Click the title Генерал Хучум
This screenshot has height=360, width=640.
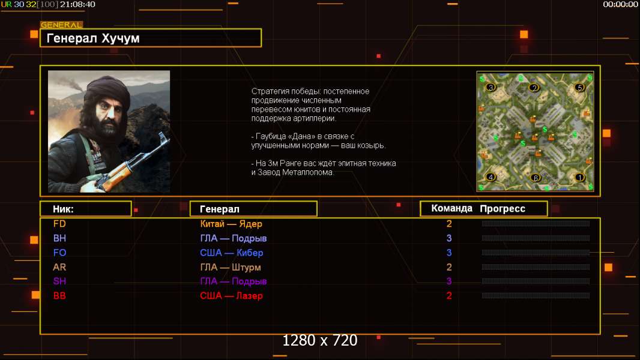(93, 38)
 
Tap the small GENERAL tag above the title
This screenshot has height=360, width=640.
(62, 25)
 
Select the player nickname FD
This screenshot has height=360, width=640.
(59, 224)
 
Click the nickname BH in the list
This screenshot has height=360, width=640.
(59, 238)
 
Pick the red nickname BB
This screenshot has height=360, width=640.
(59, 296)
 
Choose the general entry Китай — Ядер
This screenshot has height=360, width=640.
(231, 224)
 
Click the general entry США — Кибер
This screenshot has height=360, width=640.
(231, 253)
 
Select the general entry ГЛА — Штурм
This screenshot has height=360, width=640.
(230, 268)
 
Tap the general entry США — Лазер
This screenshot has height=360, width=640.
(231, 296)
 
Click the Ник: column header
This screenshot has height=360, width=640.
(63, 209)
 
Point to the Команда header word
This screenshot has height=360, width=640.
(452, 208)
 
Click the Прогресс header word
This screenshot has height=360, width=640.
(503, 209)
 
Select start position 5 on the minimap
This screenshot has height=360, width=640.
(579, 87)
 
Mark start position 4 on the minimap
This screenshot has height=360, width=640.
(491, 177)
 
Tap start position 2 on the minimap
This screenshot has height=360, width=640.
(534, 88)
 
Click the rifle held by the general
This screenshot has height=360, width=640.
(131, 163)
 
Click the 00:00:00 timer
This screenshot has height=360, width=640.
(620, 4)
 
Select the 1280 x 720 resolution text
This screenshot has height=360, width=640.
(320, 340)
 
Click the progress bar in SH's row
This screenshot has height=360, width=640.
(536, 281)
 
